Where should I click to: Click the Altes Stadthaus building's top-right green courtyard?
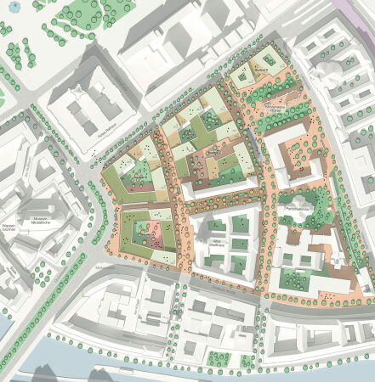tap(241, 224)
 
